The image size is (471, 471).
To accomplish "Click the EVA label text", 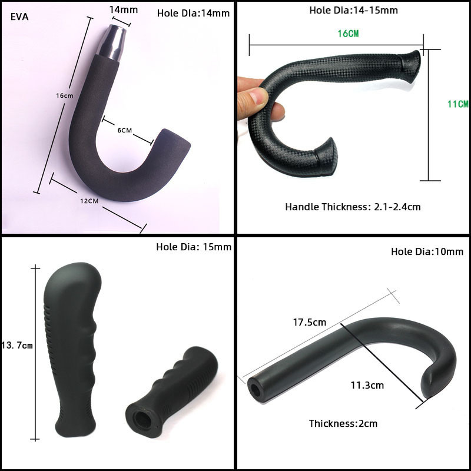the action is (19, 17).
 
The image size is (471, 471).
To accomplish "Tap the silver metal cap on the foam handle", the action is (112, 42).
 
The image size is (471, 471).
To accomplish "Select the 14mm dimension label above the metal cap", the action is (124, 10).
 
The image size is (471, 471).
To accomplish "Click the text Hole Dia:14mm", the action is (193, 13).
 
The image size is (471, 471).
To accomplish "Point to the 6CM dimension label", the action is (125, 130).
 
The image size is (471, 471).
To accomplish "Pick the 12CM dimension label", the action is (89, 201).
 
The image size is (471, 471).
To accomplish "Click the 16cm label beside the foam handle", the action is (65, 96).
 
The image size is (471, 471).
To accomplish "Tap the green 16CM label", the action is (348, 34).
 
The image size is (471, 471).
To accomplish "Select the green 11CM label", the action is (458, 104).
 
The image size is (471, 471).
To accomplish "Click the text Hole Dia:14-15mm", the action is (354, 10).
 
